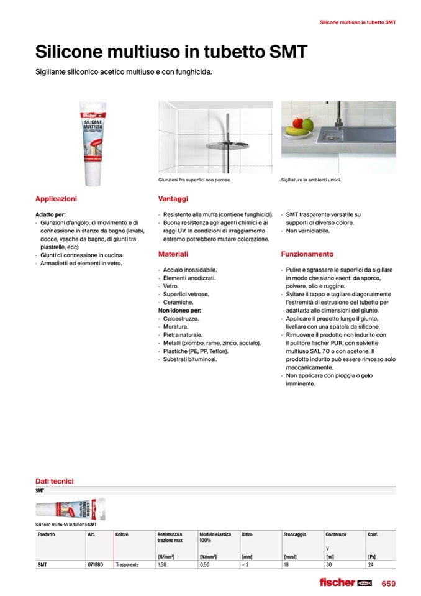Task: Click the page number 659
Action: [388, 583]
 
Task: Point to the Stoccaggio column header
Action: [295, 534]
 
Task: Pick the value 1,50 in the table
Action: [163, 565]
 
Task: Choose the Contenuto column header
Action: [336, 534]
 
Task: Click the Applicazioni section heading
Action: [57, 199]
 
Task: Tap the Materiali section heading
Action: [173, 254]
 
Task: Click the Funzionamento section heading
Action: [307, 254]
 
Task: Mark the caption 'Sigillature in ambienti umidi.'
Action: [311, 181]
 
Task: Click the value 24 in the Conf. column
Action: [371, 565]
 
